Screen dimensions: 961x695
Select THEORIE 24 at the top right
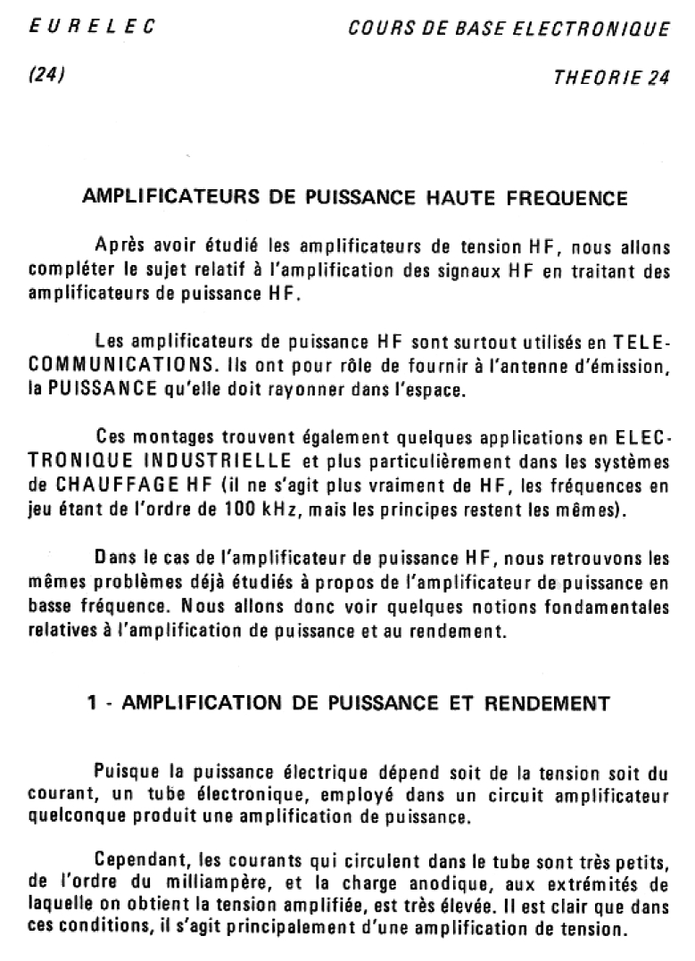(612, 77)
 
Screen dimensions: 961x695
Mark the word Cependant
(135, 862)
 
